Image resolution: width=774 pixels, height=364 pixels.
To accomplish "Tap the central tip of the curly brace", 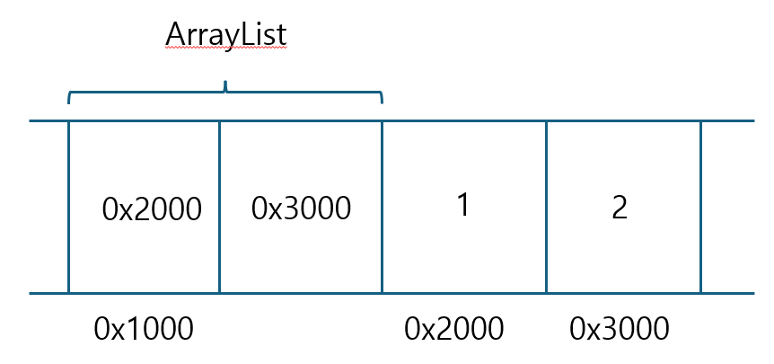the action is pos(225,84).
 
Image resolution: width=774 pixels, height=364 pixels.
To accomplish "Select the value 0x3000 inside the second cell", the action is pos(301,208).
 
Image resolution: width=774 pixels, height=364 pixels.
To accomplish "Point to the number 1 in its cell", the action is pos(463,206).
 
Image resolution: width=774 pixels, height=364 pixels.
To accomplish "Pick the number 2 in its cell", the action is pos(620,208).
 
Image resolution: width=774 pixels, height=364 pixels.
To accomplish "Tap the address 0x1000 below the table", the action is pos(143,329).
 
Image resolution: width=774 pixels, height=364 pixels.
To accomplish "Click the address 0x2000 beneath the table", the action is pos(453,329).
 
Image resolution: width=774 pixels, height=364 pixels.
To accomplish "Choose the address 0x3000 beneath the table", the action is pos(619,329).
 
